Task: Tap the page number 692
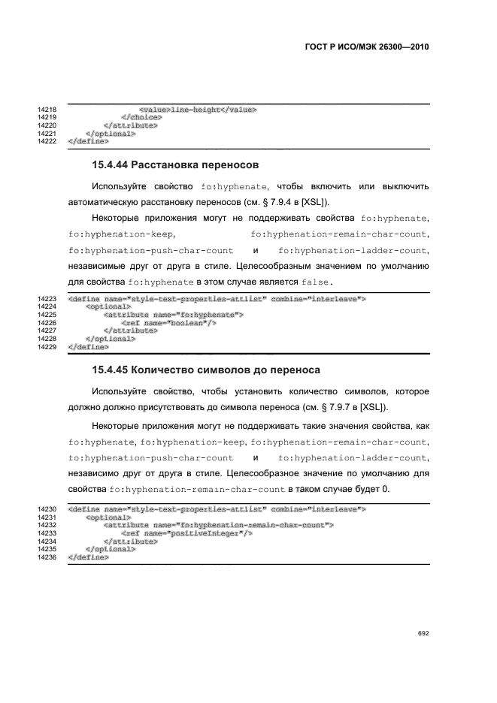point(423,633)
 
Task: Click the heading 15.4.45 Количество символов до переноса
point(206,370)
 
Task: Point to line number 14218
point(47,110)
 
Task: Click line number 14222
point(47,140)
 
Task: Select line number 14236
point(47,558)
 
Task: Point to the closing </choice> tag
point(141,118)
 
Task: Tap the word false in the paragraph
point(316,282)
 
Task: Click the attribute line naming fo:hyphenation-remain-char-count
point(219,526)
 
